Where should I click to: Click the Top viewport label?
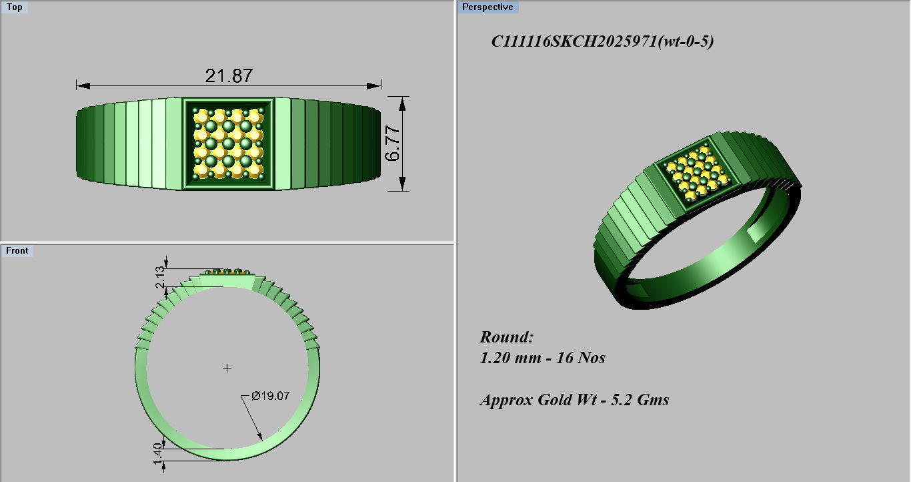[14, 7]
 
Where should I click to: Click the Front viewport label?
[17, 251]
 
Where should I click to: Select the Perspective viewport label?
[488, 7]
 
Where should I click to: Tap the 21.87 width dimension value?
[229, 75]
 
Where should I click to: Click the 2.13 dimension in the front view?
[159, 276]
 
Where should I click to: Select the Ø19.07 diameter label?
[270, 396]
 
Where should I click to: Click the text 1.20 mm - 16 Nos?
[542, 358]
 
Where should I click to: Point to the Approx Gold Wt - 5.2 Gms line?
[574, 400]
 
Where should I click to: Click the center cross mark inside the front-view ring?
[227, 368]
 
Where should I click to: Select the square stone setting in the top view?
[228, 144]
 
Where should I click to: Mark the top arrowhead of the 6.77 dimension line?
[401, 101]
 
